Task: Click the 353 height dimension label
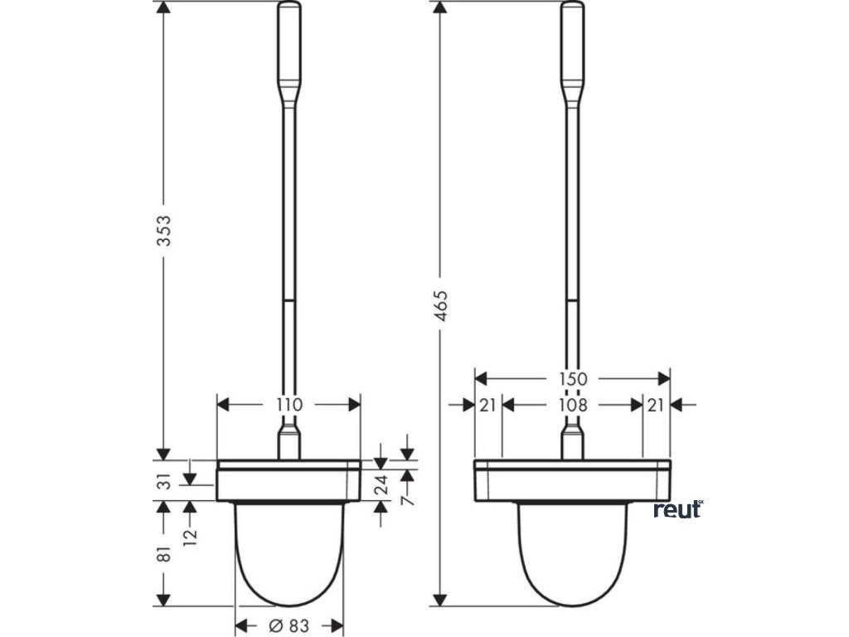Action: pos(167,230)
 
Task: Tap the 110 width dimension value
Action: pos(289,405)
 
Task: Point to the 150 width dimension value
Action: pos(572,379)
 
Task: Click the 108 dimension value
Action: pos(572,405)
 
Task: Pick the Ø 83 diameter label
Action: pos(289,626)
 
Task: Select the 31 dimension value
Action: pos(167,480)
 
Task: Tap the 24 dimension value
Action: pos(381,485)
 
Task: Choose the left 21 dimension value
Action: pos(488,405)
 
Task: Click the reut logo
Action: pos(677,509)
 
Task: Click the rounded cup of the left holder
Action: pos(289,556)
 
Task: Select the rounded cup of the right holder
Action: pos(572,556)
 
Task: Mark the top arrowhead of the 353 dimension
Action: pos(164,9)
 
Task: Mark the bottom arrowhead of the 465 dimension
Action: pos(441,599)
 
